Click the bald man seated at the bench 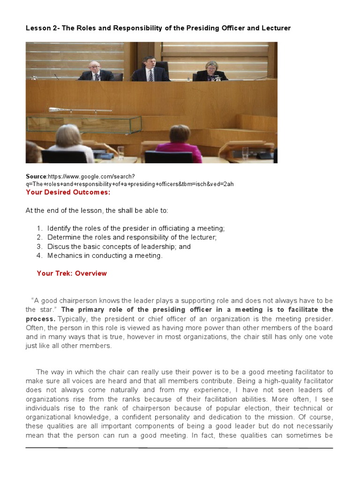coord(96,71)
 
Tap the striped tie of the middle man coord(150,75)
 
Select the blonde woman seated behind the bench coord(211,71)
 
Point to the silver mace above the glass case coord(80,110)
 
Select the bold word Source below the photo coord(36,176)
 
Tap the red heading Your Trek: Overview coord(72,273)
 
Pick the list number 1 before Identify coord(39,228)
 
